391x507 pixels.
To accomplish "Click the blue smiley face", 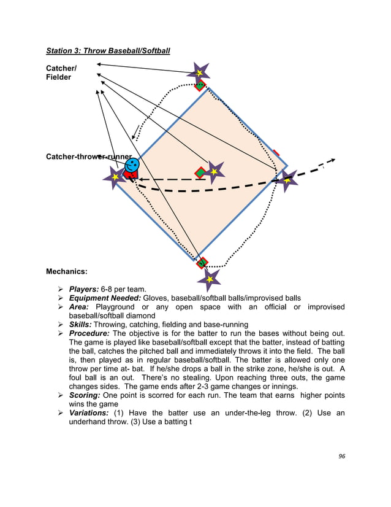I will click(x=132, y=164).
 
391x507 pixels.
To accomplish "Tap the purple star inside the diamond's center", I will click(x=214, y=172).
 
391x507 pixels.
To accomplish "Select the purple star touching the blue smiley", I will click(x=115, y=177).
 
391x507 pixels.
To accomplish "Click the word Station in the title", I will click(x=61, y=50).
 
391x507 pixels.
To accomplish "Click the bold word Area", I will click(x=79, y=307).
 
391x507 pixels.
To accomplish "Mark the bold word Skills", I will click(x=80, y=324).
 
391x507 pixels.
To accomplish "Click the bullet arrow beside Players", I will click(x=60, y=289).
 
